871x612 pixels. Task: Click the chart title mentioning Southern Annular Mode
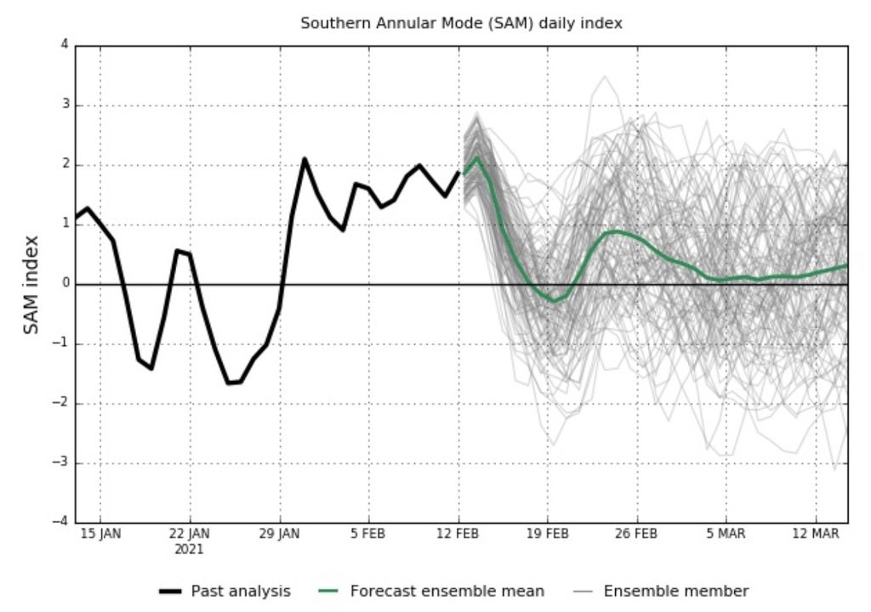tap(461, 24)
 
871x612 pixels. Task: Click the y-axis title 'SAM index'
tap(31, 284)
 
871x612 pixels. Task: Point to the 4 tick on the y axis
tap(65, 46)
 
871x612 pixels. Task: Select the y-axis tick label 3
tap(65, 105)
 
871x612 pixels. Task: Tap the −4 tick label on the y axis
tap(61, 522)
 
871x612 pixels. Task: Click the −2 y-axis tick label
tap(61, 404)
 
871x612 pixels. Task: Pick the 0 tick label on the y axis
tap(65, 284)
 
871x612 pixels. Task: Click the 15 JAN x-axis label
tap(100, 534)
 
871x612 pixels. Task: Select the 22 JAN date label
tap(190, 534)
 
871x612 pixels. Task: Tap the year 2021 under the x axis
tap(190, 549)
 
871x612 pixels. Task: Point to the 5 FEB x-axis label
tap(368, 534)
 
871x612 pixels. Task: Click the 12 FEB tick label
tap(458, 534)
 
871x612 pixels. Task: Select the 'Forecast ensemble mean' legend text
tap(447, 591)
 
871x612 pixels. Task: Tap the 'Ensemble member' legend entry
tap(675, 591)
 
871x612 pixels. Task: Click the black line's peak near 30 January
tap(305, 159)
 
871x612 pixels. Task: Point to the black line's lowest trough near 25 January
tap(230, 382)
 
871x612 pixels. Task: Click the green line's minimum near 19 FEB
tap(554, 300)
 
